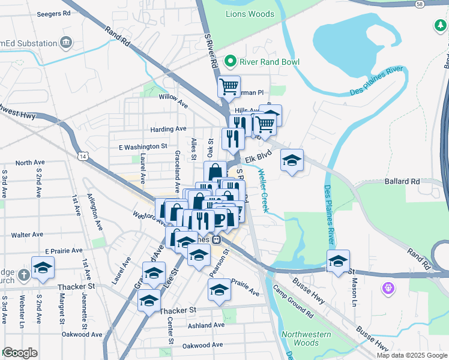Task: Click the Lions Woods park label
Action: click(x=250, y=14)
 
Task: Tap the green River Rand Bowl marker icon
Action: click(x=229, y=62)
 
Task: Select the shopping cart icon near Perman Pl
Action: click(x=229, y=86)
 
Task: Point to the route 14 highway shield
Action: click(x=83, y=156)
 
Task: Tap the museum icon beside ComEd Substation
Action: click(x=66, y=43)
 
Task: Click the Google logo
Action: click(x=20, y=352)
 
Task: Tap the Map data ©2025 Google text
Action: click(x=411, y=355)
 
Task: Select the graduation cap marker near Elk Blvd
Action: click(x=292, y=160)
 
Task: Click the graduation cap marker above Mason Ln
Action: click(x=338, y=261)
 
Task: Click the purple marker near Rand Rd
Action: click(x=388, y=289)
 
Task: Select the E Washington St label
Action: click(x=143, y=146)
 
